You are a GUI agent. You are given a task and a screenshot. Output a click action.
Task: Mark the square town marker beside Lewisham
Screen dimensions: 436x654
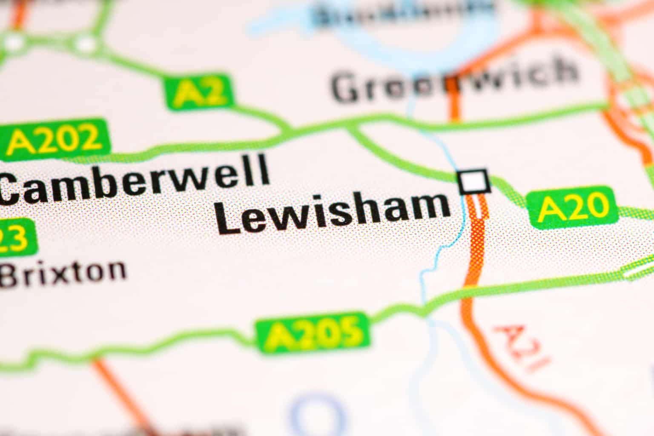click(x=473, y=182)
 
